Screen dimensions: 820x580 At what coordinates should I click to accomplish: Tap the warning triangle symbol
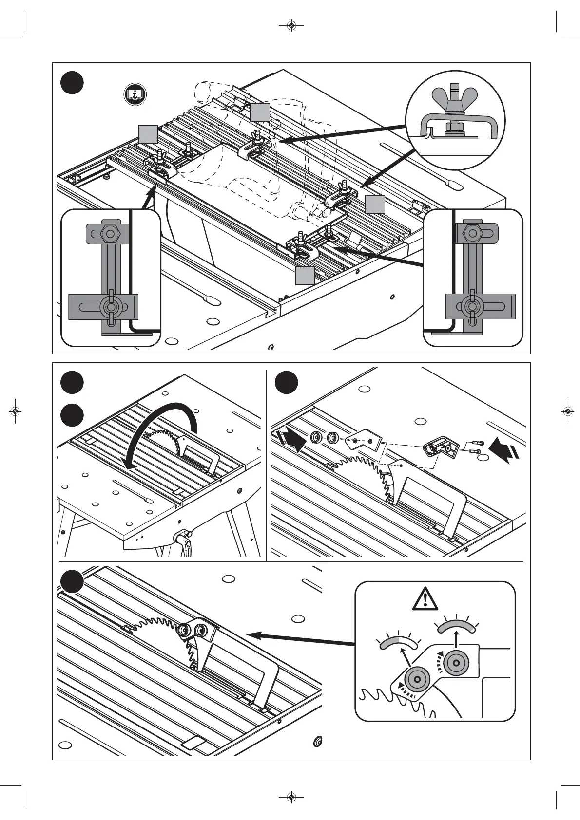425,598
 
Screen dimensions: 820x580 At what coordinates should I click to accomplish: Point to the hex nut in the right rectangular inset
471,233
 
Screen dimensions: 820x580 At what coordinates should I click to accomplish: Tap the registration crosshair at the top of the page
290,25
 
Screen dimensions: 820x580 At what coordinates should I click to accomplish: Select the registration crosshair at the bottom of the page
290,797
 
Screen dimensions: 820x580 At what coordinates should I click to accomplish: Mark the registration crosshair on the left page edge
16,411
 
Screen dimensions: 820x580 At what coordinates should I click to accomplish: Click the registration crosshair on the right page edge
567,411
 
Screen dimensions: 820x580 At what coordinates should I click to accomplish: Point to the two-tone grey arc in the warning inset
398,643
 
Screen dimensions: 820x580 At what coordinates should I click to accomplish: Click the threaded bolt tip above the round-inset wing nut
455,89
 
